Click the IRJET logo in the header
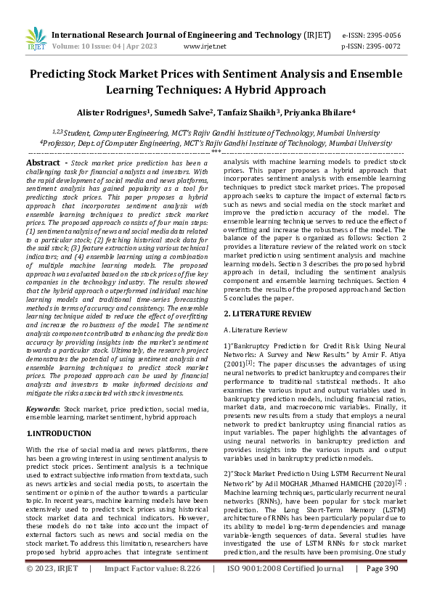pos(35,38)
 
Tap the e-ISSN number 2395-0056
pos(388,34)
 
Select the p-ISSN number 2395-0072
pos(388,46)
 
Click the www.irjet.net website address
pos(205,46)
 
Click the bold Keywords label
pos(43,409)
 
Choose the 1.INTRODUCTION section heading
pos(59,433)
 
